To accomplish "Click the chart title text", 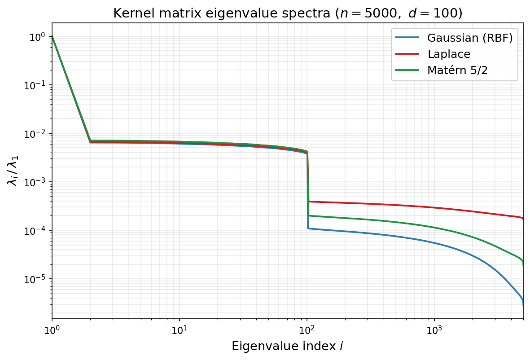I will [287, 13].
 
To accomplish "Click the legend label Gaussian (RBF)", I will [469, 37].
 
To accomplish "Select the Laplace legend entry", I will [448, 54].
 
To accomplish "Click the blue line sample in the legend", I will [407, 37].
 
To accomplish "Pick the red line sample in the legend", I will [407, 54].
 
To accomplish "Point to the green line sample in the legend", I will [407, 70].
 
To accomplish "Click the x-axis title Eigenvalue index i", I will [287, 346].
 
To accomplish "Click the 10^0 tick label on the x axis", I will [52, 329].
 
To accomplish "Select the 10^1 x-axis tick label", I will [180, 329].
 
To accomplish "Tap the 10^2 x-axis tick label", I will [307, 329].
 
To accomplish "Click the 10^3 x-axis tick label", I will [434, 329].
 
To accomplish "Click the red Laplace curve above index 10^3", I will [434, 207].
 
